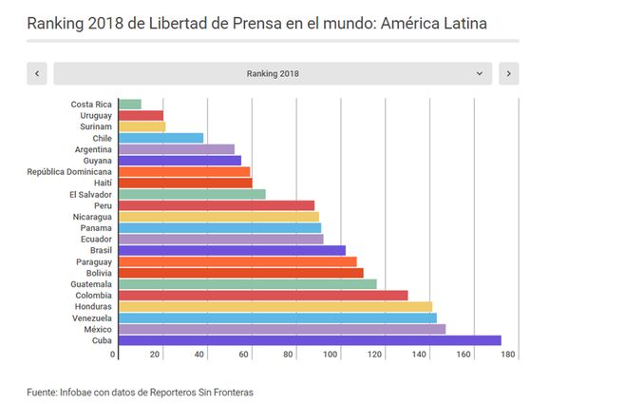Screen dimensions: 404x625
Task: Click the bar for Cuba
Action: pyautogui.click(x=308, y=340)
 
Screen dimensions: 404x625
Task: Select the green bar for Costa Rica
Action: pyautogui.click(x=128, y=104)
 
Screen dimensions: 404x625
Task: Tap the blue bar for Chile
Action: pyautogui.click(x=160, y=138)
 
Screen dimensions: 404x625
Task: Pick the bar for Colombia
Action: pyautogui.click(x=261, y=295)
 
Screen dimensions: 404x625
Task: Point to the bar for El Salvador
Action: pyautogui.click(x=190, y=194)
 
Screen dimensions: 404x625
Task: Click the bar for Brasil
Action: pyautogui.click(x=230, y=250)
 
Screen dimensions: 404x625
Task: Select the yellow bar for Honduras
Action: pyautogui.click(x=274, y=306)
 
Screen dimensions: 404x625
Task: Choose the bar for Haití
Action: pyautogui.click(x=183, y=183)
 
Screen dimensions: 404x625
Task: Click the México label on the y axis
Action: pyautogui.click(x=98, y=329)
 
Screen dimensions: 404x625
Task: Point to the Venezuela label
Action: pyautogui.click(x=92, y=317)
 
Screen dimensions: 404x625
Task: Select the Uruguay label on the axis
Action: pyautogui.click(x=96, y=115)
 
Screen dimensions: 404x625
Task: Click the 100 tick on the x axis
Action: pyautogui.click(x=331, y=356)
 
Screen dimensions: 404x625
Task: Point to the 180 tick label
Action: pyautogui.click(x=507, y=356)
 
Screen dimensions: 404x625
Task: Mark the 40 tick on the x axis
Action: pyautogui.click(x=200, y=356)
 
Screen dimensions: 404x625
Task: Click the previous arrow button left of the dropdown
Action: pyautogui.click(x=37, y=73)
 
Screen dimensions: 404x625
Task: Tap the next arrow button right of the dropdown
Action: pyautogui.click(x=508, y=73)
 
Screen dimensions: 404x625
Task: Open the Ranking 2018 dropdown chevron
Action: pyautogui.click(x=480, y=73)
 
